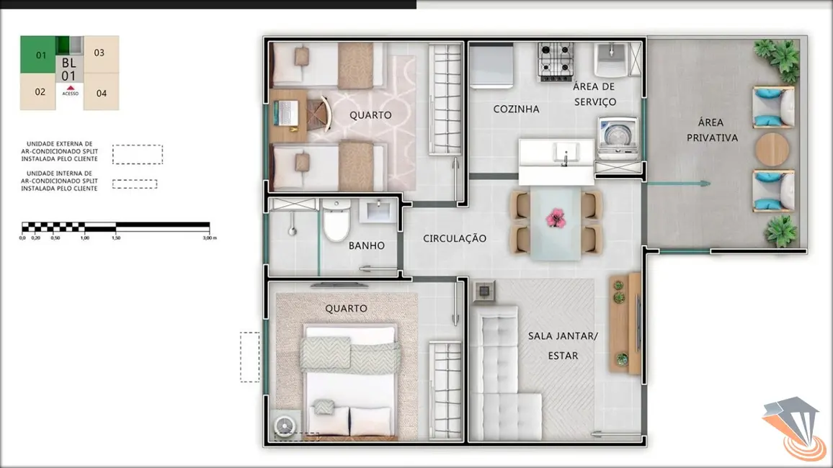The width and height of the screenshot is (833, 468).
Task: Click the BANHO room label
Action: click(366, 246)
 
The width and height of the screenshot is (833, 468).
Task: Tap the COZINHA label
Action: click(516, 109)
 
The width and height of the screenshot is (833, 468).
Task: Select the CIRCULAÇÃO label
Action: click(455, 238)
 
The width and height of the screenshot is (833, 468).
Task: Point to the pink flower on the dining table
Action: click(556, 215)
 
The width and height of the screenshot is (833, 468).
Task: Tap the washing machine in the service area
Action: click(618, 136)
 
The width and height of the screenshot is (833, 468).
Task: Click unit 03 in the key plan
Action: click(99, 53)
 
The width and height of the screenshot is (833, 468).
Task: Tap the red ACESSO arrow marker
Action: click(70, 86)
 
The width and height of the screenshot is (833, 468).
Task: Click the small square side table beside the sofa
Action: click(484, 291)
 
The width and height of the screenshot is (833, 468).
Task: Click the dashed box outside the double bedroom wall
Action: click(249, 356)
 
